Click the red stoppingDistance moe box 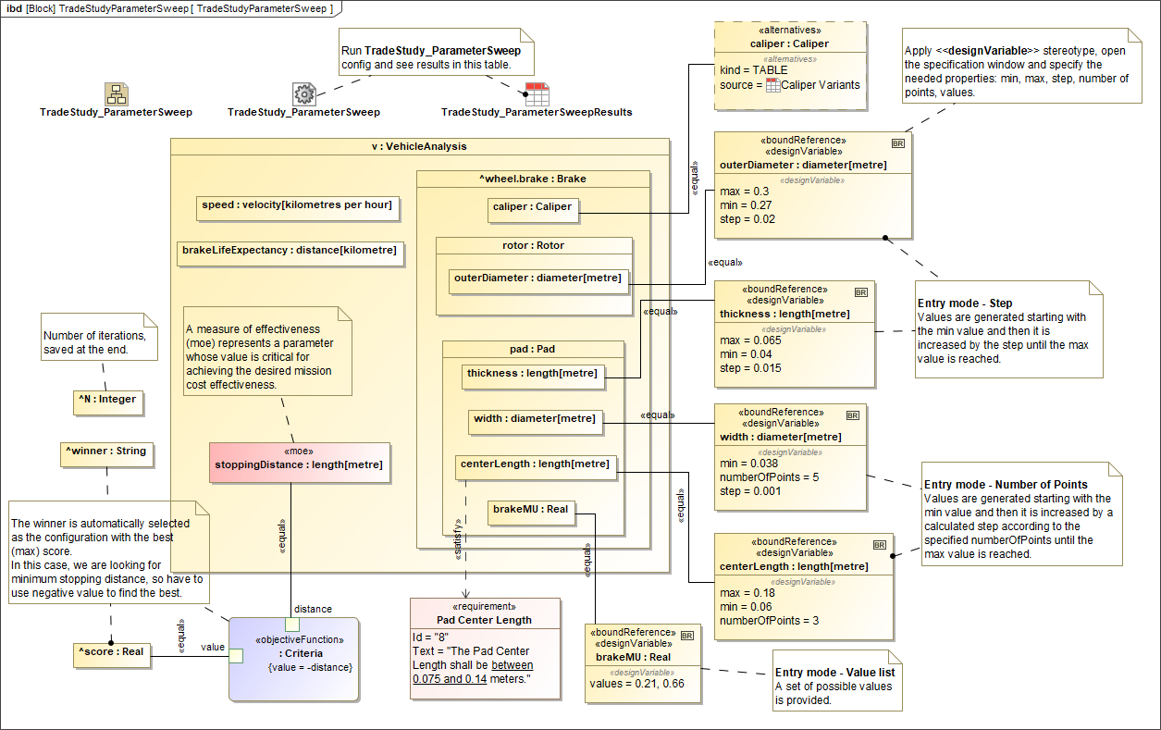(299, 462)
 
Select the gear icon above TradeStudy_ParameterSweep (304, 93)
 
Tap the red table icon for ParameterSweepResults (537, 93)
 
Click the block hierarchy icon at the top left (116, 93)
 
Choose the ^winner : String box (106, 452)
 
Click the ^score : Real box (111, 652)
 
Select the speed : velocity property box (297, 205)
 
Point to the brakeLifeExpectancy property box (290, 251)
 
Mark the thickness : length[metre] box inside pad (532, 375)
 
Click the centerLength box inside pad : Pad (536, 464)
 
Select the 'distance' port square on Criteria (291, 624)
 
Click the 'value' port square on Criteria (235, 656)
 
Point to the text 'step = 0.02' (747, 220)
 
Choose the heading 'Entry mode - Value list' (834, 673)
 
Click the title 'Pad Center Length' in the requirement (484, 620)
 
